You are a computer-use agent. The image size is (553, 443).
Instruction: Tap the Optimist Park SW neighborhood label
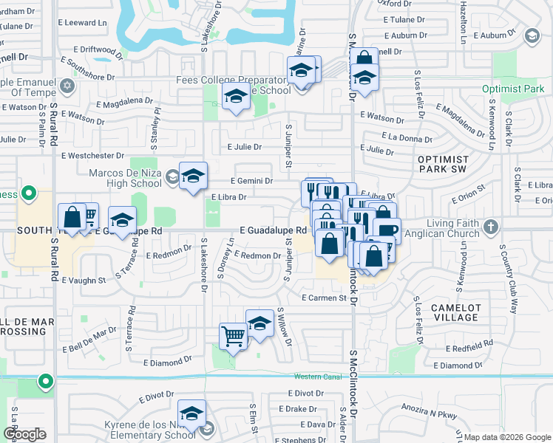(443, 165)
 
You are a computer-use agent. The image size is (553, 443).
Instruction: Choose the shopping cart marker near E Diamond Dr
(234, 337)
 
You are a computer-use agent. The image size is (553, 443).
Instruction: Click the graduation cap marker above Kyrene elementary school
(191, 416)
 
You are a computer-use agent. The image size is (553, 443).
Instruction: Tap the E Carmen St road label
(324, 298)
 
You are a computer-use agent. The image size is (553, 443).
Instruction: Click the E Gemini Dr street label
(252, 181)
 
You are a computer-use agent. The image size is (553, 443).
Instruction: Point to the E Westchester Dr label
(93, 156)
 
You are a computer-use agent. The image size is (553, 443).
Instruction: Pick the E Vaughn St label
(84, 281)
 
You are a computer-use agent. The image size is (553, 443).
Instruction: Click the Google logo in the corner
(25, 434)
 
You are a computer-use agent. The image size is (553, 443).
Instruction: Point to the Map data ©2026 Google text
(506, 437)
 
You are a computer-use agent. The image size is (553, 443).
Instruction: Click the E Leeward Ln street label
(86, 23)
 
